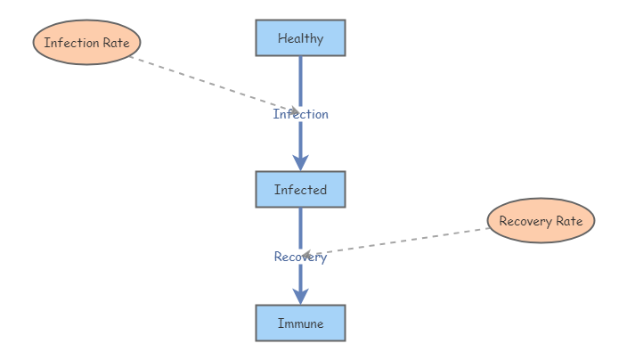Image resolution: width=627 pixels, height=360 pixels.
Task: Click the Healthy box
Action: point(300,38)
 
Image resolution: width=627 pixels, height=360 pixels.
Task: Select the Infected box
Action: point(300,190)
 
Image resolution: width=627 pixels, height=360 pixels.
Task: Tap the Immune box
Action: point(300,323)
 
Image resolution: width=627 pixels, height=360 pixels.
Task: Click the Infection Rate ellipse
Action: point(87,43)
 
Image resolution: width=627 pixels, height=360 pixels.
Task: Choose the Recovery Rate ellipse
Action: point(541,221)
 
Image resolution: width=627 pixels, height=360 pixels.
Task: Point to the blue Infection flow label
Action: point(300,114)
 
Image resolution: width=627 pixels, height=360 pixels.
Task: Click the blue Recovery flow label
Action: point(300,258)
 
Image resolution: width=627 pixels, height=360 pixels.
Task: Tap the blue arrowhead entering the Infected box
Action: point(301,162)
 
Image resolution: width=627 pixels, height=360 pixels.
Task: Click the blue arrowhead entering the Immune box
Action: point(301,296)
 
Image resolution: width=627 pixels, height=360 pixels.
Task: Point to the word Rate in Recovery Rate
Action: point(570,221)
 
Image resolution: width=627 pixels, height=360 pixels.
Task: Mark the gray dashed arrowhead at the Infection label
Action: point(294,111)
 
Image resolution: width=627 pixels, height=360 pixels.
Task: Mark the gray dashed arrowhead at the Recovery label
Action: point(305,255)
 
